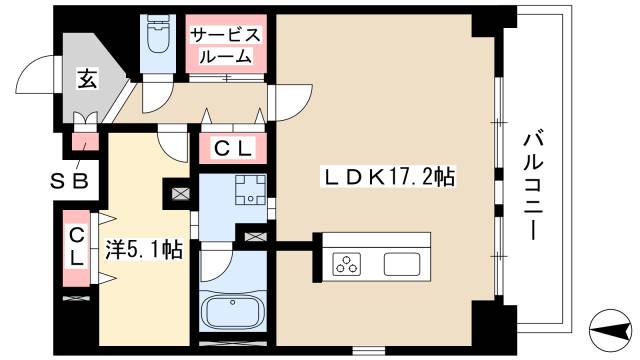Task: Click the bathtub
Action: (232, 311)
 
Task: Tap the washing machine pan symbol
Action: (246, 188)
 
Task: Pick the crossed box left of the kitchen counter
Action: (255, 237)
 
